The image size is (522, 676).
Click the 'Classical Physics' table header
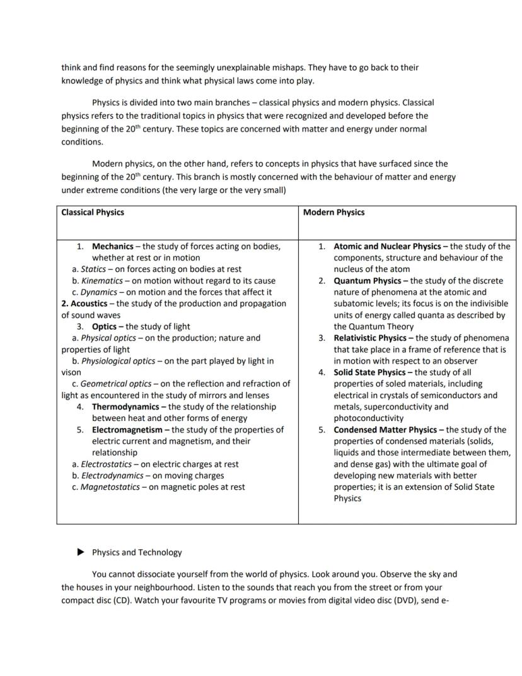click(x=93, y=213)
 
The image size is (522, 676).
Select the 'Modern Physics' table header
click(x=333, y=213)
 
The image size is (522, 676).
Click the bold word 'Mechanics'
click(x=113, y=246)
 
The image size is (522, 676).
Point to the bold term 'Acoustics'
click(x=89, y=304)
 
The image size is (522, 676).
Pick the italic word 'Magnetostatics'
click(x=110, y=487)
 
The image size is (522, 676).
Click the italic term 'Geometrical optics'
click(x=116, y=384)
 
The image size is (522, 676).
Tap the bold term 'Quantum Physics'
click(x=367, y=281)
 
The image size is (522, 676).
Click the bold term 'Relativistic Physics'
click(x=370, y=338)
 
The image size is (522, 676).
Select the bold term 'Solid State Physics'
click(x=369, y=372)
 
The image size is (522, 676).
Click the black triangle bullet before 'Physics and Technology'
click(x=80, y=552)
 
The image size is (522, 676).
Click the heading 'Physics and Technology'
click(x=137, y=552)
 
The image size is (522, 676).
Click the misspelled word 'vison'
click(x=71, y=372)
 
